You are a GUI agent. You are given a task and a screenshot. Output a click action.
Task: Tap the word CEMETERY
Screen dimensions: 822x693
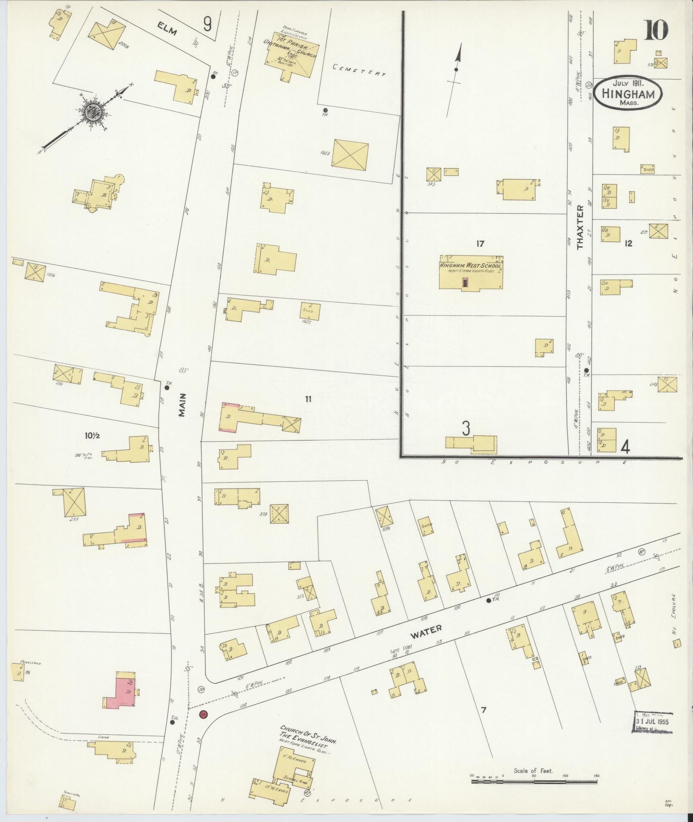[x=359, y=70]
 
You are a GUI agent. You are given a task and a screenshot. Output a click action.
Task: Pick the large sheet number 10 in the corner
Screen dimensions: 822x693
[x=656, y=31]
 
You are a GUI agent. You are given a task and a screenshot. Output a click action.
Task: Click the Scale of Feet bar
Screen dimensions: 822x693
[x=535, y=778]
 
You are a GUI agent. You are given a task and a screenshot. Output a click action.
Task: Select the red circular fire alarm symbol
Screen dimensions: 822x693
[x=203, y=714]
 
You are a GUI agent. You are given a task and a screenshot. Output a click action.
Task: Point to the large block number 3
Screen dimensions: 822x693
[x=465, y=428]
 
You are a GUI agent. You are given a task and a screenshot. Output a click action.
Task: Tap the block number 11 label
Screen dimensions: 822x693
[x=308, y=399]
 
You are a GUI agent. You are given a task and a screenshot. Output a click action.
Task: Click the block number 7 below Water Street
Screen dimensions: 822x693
[x=483, y=710]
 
